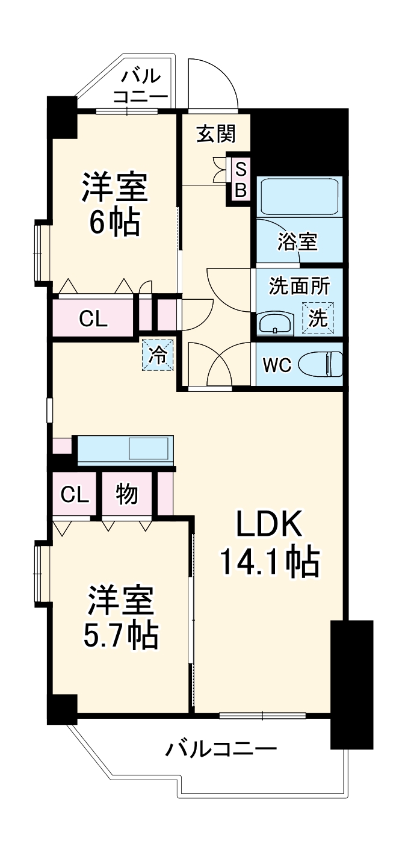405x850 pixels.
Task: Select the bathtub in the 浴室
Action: (299, 196)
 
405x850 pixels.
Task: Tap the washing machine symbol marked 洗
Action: (317, 317)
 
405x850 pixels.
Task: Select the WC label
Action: (276, 364)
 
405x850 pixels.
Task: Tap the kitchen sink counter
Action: (125, 450)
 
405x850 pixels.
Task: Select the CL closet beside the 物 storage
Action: (75, 495)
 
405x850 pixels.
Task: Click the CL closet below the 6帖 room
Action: (93, 319)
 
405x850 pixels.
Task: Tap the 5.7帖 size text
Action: (120, 633)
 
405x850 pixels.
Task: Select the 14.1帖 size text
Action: (268, 562)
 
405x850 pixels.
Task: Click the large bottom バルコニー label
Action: (221, 749)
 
